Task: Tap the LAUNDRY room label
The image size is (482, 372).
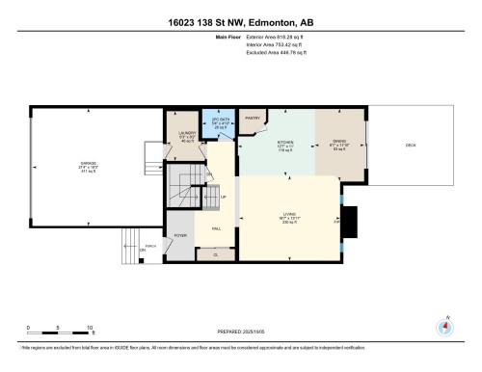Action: pos(188,134)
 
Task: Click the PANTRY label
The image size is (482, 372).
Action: pos(253,119)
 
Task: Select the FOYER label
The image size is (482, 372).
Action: pos(180,234)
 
